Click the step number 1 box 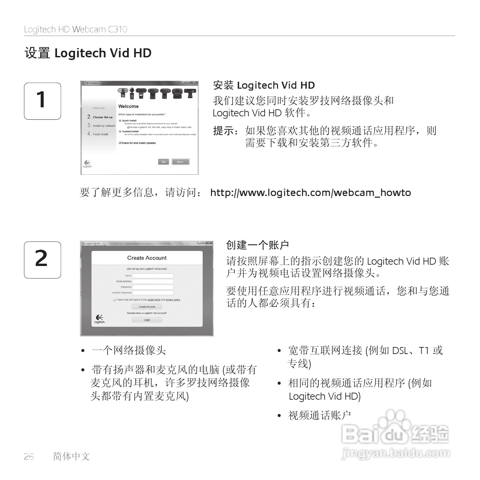(42, 101)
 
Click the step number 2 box (42, 260)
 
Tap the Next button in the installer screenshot (180, 162)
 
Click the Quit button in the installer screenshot (163, 162)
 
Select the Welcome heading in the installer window (128, 106)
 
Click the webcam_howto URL (310, 193)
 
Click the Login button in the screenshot (147, 320)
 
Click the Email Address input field (153, 281)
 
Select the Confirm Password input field (153, 293)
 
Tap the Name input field (153, 276)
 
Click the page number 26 (29, 457)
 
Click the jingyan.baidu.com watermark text (396, 454)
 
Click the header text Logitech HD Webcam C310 (76, 29)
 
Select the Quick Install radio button (120, 121)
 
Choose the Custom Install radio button (120, 131)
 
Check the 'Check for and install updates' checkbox (120, 143)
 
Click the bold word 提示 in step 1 (224, 131)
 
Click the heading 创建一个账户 (257, 245)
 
